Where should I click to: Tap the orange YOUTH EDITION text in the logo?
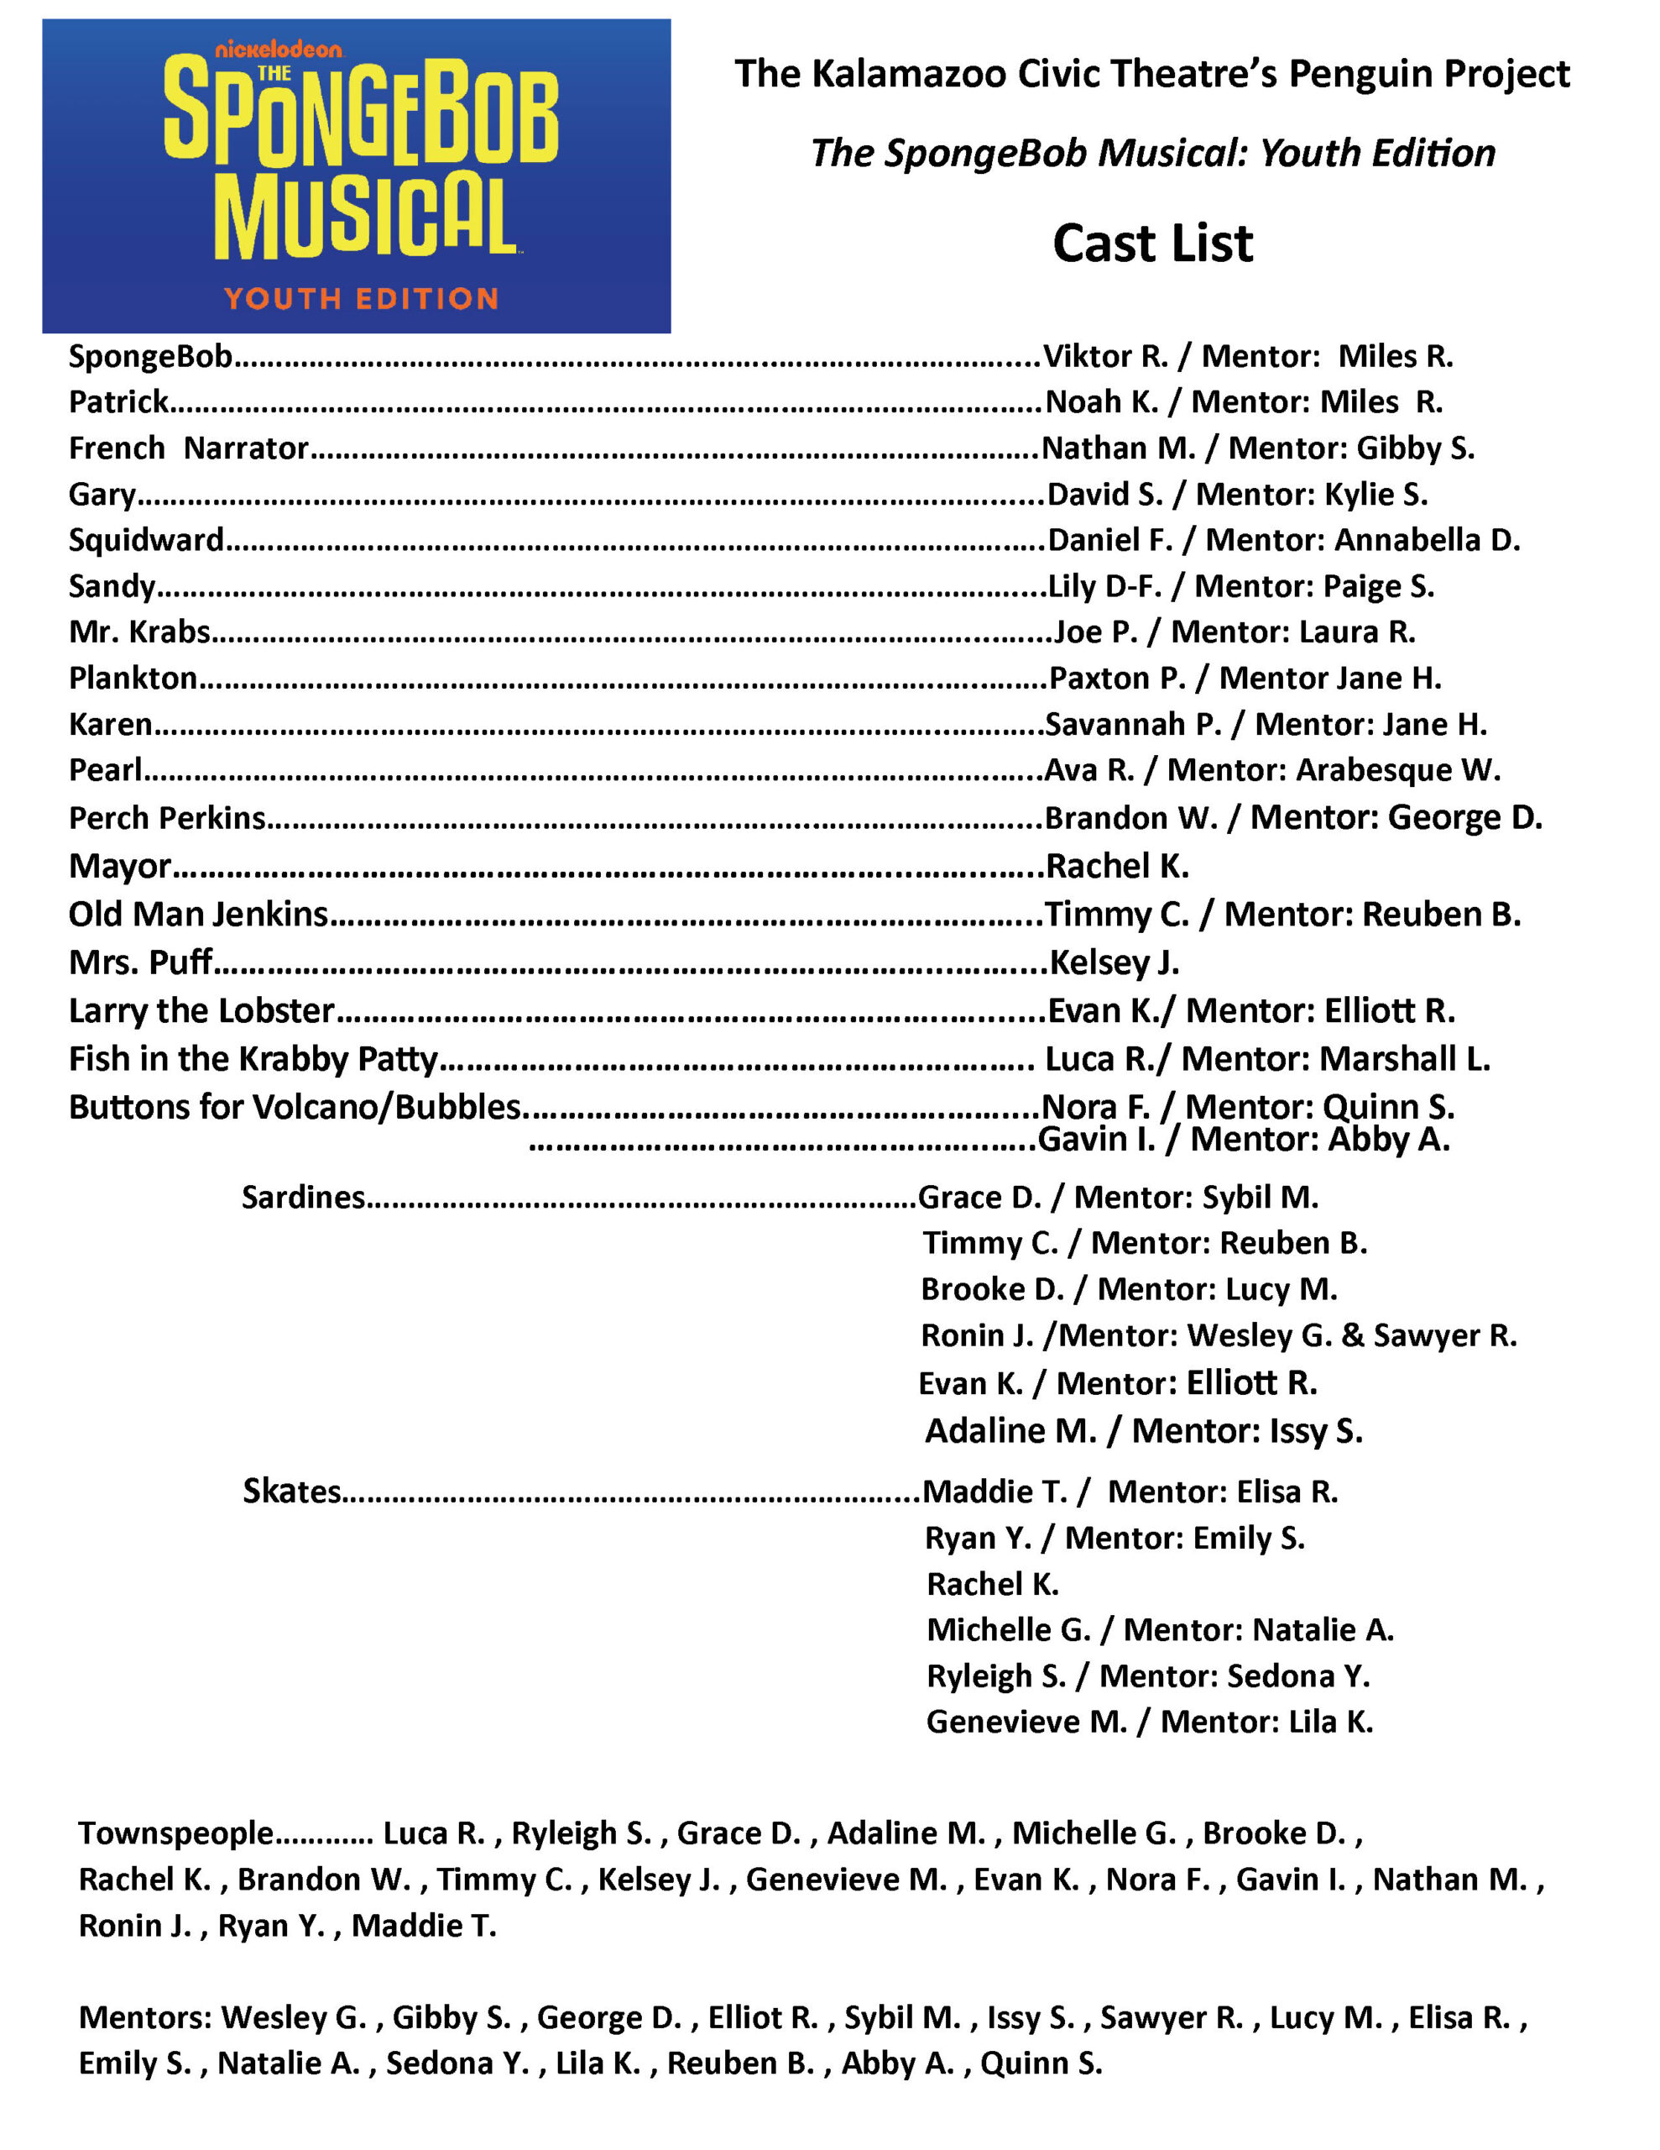(x=361, y=298)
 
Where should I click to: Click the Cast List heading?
(x=1152, y=244)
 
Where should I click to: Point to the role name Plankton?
(x=133, y=679)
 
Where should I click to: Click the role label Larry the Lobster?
(x=201, y=1011)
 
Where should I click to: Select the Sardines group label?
(x=303, y=1197)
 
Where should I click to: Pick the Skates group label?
(x=292, y=1492)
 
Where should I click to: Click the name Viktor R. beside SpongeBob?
(x=1105, y=356)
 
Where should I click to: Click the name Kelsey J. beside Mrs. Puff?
(x=1114, y=962)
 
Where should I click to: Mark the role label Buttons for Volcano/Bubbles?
(x=295, y=1108)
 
